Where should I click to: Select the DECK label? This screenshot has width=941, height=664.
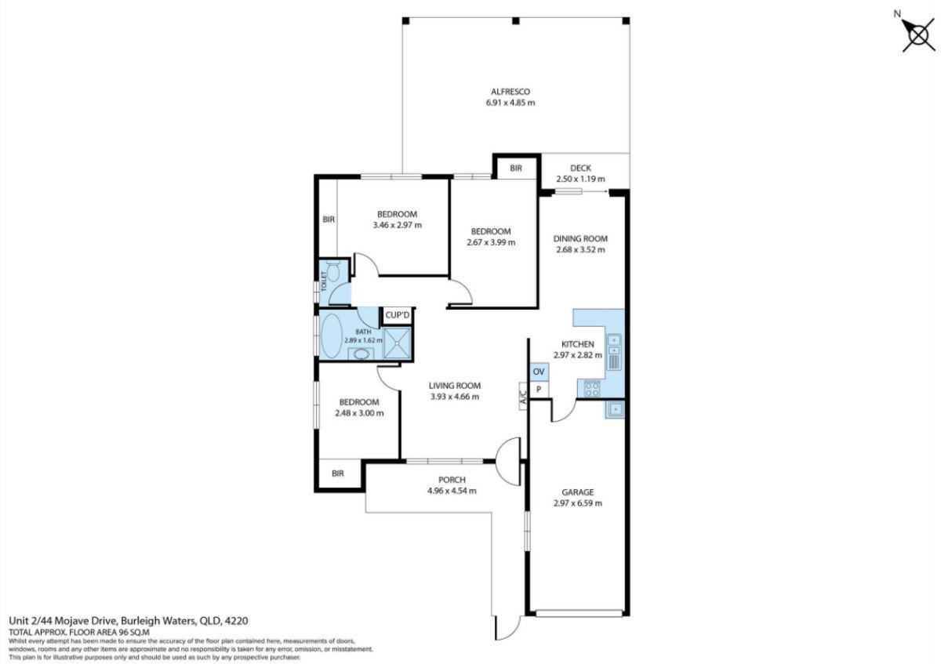[580, 168]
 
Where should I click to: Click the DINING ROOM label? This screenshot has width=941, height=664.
[580, 239]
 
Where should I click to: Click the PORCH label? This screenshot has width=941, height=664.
[452, 480]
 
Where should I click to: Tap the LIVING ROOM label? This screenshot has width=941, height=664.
[454, 386]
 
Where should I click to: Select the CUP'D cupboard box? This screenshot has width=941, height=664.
[398, 315]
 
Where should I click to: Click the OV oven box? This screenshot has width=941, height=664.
[539, 372]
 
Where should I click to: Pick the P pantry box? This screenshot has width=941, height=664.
[539, 390]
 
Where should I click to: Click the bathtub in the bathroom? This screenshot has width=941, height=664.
[332, 337]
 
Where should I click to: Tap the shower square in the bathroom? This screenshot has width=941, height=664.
[398, 343]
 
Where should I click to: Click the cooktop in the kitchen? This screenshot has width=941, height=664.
[590, 387]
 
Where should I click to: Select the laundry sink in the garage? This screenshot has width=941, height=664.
[615, 409]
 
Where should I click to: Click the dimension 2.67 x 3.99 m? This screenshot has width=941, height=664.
[490, 242]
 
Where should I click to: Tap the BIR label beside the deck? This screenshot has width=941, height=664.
[516, 169]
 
